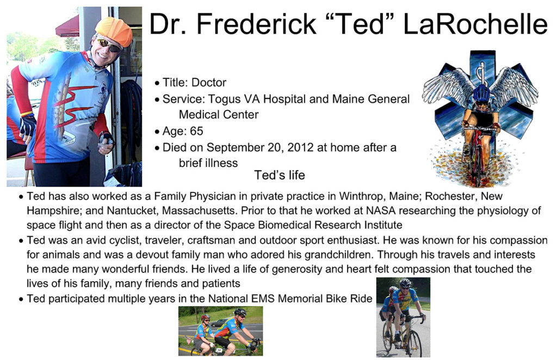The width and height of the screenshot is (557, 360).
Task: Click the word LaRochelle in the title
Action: pyautogui.click(x=475, y=24)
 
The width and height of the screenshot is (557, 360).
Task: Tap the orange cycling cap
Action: pyautogui.click(x=114, y=31)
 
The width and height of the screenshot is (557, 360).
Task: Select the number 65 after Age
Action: pyautogui.click(x=196, y=131)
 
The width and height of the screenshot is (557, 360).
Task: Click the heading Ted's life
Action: pyautogui.click(x=280, y=175)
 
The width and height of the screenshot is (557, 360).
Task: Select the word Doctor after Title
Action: pyautogui.click(x=208, y=83)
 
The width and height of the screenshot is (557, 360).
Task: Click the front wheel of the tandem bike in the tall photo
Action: pyautogui.click(x=413, y=342)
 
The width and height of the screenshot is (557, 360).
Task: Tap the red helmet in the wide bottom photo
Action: pyautogui.click(x=205, y=316)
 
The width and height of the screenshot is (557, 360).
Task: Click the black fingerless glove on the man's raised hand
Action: pyautogui.click(x=28, y=126)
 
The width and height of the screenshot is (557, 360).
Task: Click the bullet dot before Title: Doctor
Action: pyautogui.click(x=157, y=83)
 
